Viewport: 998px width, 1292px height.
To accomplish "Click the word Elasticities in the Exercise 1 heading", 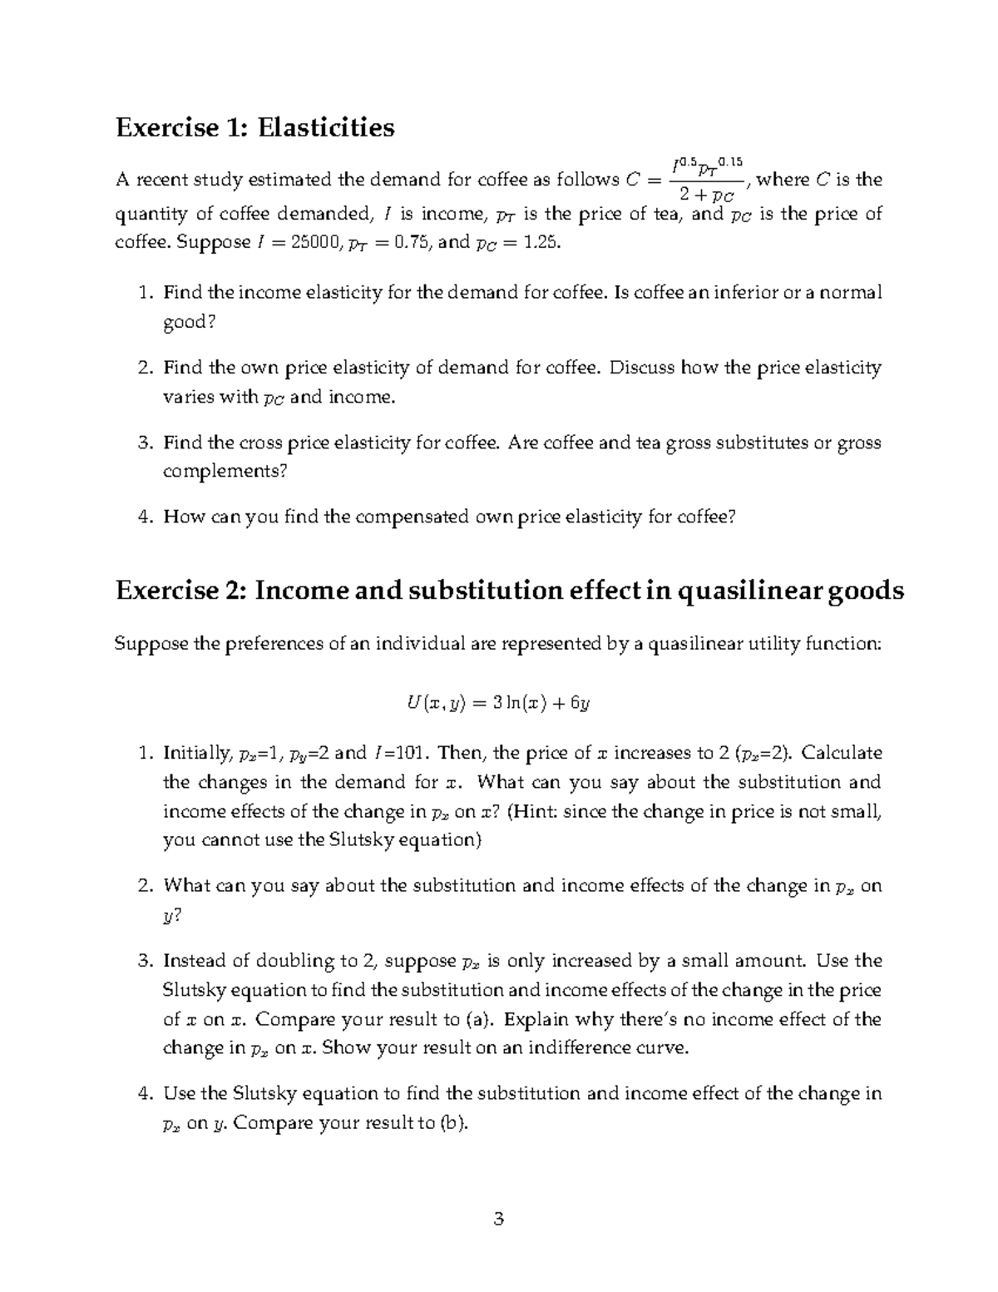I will [x=325, y=127].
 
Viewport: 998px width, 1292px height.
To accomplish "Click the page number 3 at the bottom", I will [x=498, y=1220].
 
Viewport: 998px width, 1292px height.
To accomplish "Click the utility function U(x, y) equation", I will [x=498, y=703].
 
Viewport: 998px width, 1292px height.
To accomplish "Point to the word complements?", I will [x=225, y=472].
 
